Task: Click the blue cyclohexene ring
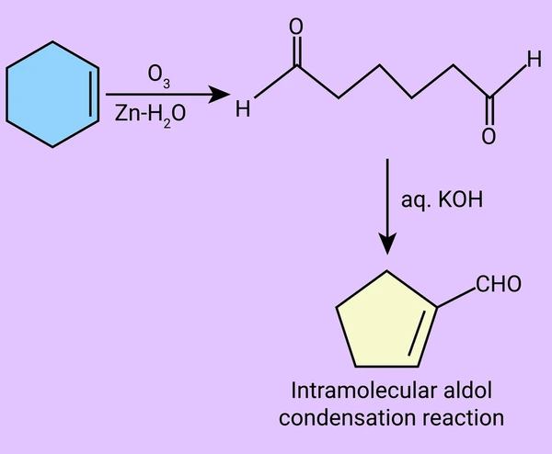pyautogui.click(x=52, y=95)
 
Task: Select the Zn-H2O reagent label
pyautogui.click(x=150, y=115)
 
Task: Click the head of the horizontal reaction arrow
pyautogui.click(x=219, y=95)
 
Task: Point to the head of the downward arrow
pyautogui.click(x=387, y=244)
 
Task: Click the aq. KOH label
pyautogui.click(x=443, y=200)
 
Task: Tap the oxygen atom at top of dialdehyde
pyautogui.click(x=296, y=27)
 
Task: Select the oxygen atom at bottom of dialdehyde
pyautogui.click(x=489, y=136)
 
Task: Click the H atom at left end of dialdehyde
pyautogui.click(x=243, y=108)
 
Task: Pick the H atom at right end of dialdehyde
pyautogui.click(x=534, y=59)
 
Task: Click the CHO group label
pyautogui.click(x=499, y=284)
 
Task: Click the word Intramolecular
pyautogui.click(x=364, y=391)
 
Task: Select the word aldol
pyautogui.click(x=468, y=391)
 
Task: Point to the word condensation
pyautogui.click(x=347, y=418)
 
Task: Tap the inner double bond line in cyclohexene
pyautogui.click(x=90, y=94)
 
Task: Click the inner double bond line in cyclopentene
pyautogui.click(x=418, y=333)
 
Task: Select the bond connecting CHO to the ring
pyautogui.click(x=456, y=298)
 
